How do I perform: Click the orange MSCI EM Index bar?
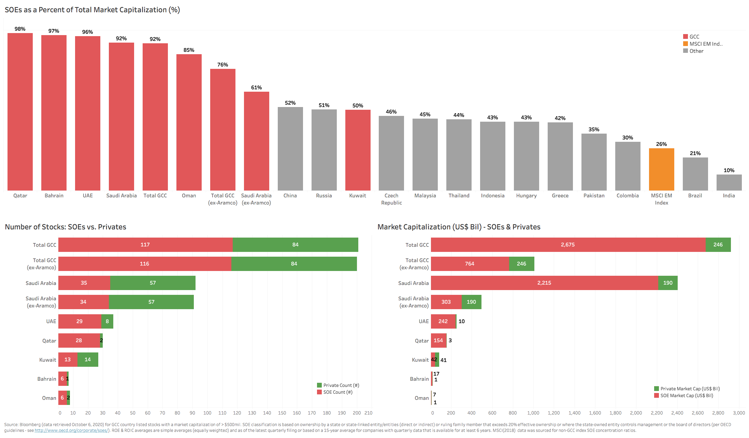tap(661, 169)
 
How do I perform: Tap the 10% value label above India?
tap(729, 170)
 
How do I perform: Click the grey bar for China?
tap(290, 149)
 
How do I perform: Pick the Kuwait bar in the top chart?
tap(358, 150)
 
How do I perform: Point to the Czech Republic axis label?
tap(391, 199)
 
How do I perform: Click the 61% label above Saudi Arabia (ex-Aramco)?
tap(256, 88)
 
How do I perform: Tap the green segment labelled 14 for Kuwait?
tap(88, 360)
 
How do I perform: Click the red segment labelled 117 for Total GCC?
tap(145, 245)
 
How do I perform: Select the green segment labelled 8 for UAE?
tap(107, 321)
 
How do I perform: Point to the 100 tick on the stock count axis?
tap(207, 413)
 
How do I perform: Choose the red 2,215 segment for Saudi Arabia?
tap(544, 283)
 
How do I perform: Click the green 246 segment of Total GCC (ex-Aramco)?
tap(521, 264)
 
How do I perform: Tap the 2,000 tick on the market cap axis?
tap(636, 413)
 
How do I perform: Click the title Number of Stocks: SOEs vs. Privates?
tap(66, 227)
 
